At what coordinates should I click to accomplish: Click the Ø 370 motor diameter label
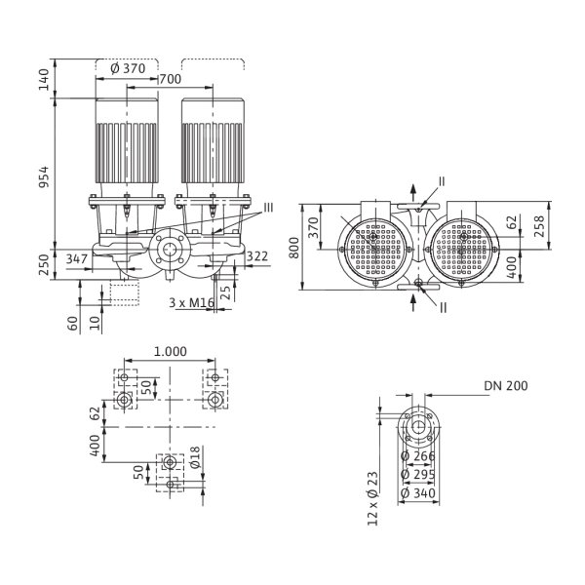(x=128, y=68)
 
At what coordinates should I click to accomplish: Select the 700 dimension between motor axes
(x=171, y=79)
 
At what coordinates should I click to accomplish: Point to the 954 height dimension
(x=44, y=177)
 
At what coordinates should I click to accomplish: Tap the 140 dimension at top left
(x=44, y=79)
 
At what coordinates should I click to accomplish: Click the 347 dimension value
(x=77, y=258)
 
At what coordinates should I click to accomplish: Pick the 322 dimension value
(x=257, y=256)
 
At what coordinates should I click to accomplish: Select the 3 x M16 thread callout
(x=191, y=302)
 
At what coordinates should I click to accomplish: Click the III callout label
(x=268, y=208)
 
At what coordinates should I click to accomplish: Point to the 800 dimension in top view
(x=294, y=248)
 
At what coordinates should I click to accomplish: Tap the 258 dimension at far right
(x=539, y=226)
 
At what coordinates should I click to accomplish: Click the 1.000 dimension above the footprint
(x=170, y=351)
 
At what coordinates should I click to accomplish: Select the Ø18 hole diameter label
(x=195, y=457)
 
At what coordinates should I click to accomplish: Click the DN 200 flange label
(x=506, y=386)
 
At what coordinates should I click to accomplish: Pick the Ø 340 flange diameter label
(x=418, y=493)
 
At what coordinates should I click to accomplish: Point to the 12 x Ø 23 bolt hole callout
(x=373, y=499)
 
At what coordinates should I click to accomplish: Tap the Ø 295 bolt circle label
(x=418, y=474)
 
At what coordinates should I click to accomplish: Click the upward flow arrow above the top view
(x=413, y=192)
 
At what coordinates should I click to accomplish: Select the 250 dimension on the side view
(x=44, y=265)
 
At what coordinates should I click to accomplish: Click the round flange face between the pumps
(x=170, y=250)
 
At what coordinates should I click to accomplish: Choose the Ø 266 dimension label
(x=418, y=456)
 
